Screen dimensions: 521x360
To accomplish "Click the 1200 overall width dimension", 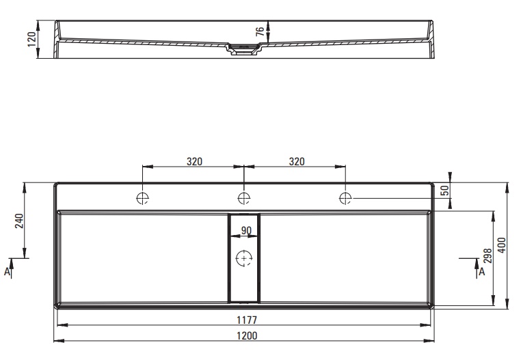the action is point(247,335).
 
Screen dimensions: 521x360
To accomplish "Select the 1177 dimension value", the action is point(247,320).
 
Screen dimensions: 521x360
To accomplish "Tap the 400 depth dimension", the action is point(502,245).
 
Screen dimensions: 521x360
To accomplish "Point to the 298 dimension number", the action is point(487,255).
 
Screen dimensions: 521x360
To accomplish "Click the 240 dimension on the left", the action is point(20,221).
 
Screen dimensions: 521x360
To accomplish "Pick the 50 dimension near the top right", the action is point(444,191).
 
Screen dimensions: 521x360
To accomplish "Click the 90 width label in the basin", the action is point(246,230).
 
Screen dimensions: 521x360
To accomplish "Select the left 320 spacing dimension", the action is point(194,162).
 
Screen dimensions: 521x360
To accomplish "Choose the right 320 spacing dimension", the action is point(297,162).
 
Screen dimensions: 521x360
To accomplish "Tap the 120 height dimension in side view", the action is point(32,39).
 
